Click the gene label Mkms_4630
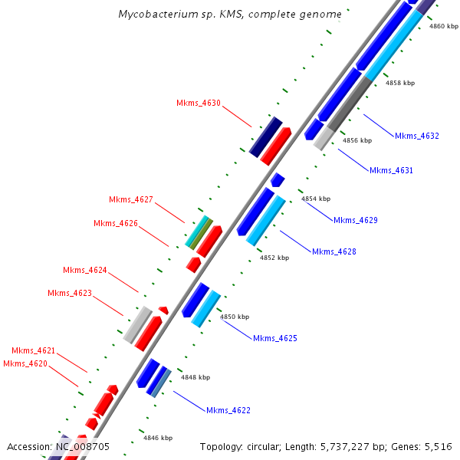[x=199, y=103]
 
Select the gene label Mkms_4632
[x=417, y=136]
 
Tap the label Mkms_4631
[x=391, y=170]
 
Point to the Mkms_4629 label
[x=355, y=220]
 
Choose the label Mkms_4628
[x=333, y=251]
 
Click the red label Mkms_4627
[x=131, y=200]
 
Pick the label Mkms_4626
[x=116, y=224]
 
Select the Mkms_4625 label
[x=274, y=338]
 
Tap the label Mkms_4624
[x=85, y=270]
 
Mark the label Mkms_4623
[x=70, y=293]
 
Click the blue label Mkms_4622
[x=228, y=410]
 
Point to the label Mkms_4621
[x=33, y=350]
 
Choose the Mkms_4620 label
[x=25, y=363]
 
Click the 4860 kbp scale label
[x=444, y=26]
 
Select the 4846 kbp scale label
[x=157, y=438]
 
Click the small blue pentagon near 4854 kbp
[x=278, y=180]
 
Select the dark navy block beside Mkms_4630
[x=266, y=136]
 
